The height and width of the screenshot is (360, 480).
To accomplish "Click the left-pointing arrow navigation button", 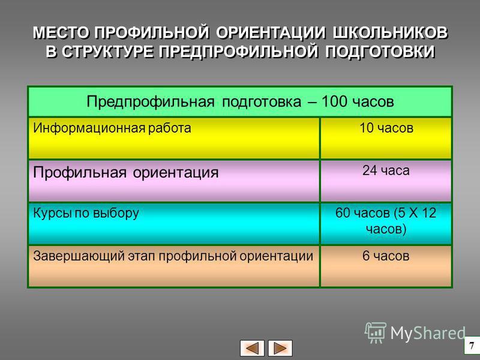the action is pyautogui.click(x=252, y=348).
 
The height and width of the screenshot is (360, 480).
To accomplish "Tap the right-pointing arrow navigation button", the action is pyautogui.click(x=280, y=348).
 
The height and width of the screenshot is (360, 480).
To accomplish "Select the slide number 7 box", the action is pyautogui.click(x=472, y=346).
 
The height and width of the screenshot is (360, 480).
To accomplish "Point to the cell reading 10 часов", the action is pyautogui.click(x=386, y=139).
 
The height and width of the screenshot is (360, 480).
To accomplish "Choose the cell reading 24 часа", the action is pyautogui.click(x=386, y=181).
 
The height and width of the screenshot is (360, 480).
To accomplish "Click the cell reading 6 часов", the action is pyautogui.click(x=386, y=266).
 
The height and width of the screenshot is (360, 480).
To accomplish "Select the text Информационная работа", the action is pyautogui.click(x=112, y=128).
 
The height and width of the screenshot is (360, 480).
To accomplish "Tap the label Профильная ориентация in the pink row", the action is pyautogui.click(x=126, y=172).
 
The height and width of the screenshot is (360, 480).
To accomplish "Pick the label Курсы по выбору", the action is pyautogui.click(x=86, y=214).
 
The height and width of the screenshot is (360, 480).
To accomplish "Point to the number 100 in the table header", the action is pyautogui.click(x=334, y=101).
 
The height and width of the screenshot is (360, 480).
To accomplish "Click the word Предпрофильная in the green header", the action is pyautogui.click(x=151, y=102).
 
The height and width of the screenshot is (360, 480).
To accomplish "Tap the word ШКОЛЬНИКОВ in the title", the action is pyautogui.click(x=390, y=33).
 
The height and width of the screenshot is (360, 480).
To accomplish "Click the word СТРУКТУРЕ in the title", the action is pyautogui.click(x=109, y=52).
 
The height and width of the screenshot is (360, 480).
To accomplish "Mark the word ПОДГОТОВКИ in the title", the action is pyautogui.click(x=380, y=52).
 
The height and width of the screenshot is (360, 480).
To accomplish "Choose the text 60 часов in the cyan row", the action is pyautogui.click(x=362, y=213).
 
